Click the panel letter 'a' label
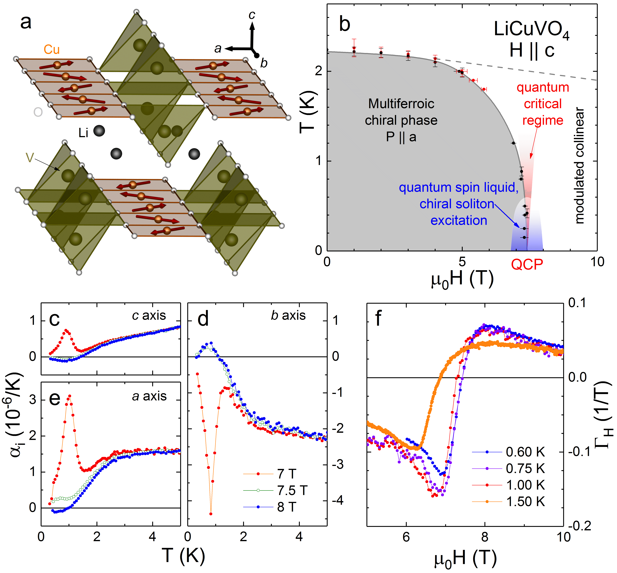point(26,22)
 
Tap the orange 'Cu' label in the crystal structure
point(51,50)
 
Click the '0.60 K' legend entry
point(525,452)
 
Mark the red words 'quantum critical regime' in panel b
point(543,104)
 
